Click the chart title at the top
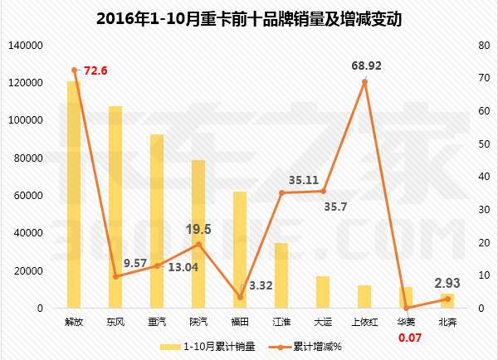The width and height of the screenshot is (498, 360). click(x=249, y=19)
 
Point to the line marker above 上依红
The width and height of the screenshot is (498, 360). click(x=364, y=81)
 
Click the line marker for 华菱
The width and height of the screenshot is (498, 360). click(x=406, y=308)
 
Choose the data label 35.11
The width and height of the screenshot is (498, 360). click(x=304, y=179)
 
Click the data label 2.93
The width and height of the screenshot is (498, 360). click(x=447, y=283)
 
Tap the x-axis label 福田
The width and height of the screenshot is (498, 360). click(x=240, y=321)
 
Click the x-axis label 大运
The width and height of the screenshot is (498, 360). click(x=323, y=321)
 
